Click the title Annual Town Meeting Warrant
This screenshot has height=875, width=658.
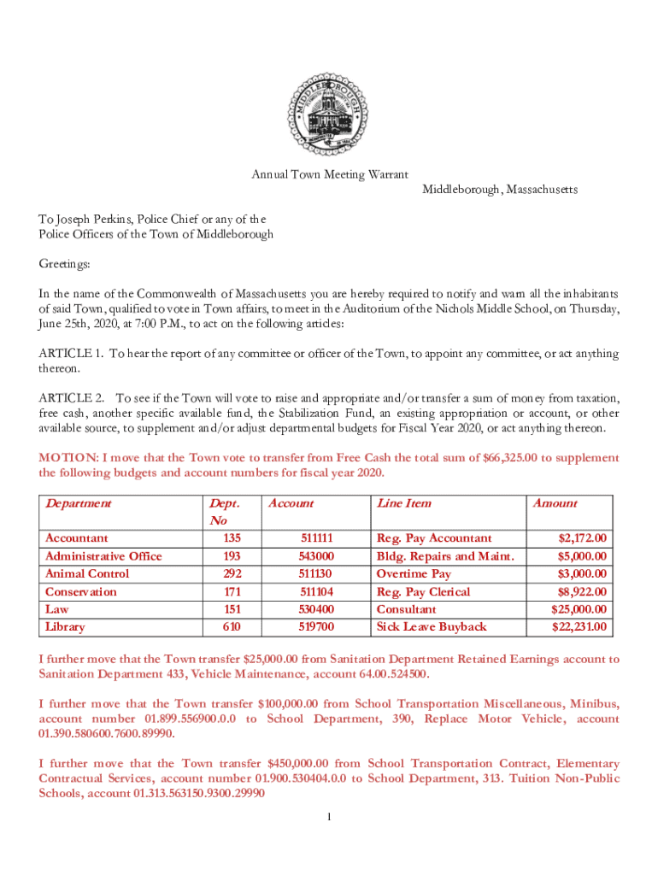(x=329, y=175)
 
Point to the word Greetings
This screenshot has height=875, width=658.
(x=64, y=264)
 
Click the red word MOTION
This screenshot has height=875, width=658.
(x=67, y=458)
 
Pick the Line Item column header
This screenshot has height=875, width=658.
(x=404, y=503)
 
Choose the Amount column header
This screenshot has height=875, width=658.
(x=555, y=503)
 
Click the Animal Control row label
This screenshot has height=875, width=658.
(x=87, y=573)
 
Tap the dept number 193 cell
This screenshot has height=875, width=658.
(x=232, y=556)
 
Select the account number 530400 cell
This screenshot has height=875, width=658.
(x=315, y=609)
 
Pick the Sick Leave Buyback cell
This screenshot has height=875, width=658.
(x=432, y=627)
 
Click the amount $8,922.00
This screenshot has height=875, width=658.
(x=582, y=591)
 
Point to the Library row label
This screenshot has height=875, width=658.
(x=65, y=627)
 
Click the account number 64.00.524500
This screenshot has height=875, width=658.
(x=381, y=674)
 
